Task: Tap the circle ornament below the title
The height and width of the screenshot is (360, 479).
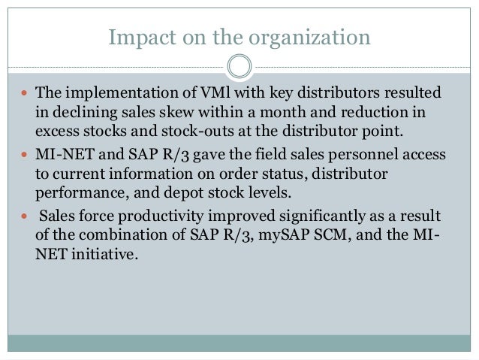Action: [239, 66]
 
